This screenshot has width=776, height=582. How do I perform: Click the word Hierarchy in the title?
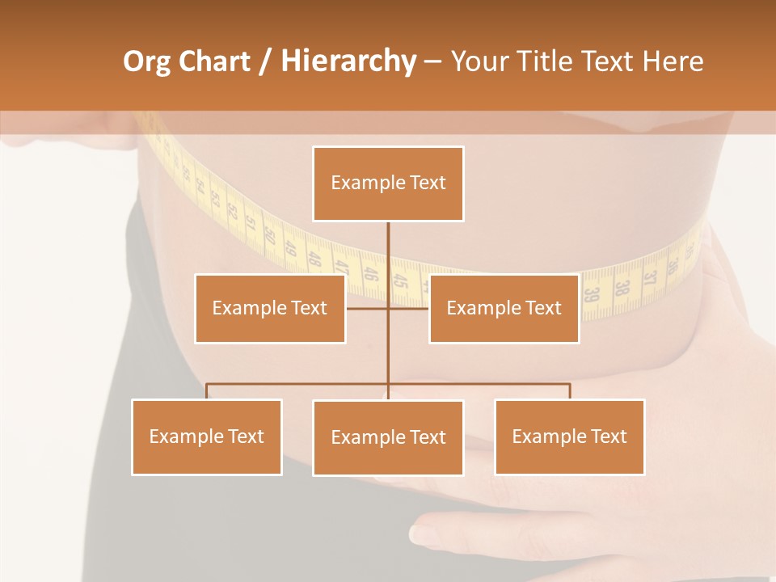click(348, 61)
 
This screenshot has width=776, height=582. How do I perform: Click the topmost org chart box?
click(388, 183)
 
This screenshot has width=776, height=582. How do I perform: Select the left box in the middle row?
click(270, 308)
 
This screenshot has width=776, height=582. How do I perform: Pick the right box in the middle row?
click(504, 308)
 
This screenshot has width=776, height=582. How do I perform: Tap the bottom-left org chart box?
click(207, 436)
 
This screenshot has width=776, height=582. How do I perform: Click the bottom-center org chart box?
click(388, 437)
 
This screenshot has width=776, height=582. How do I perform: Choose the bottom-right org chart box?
click(569, 436)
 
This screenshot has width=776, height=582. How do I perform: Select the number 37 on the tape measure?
click(647, 280)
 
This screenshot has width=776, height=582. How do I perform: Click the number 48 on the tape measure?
click(315, 258)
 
